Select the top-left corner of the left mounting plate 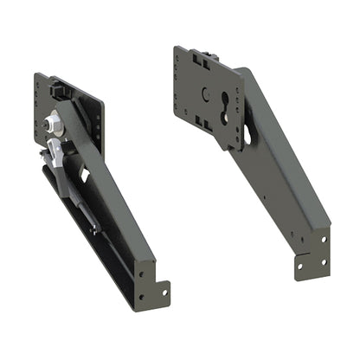tap(37, 76)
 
